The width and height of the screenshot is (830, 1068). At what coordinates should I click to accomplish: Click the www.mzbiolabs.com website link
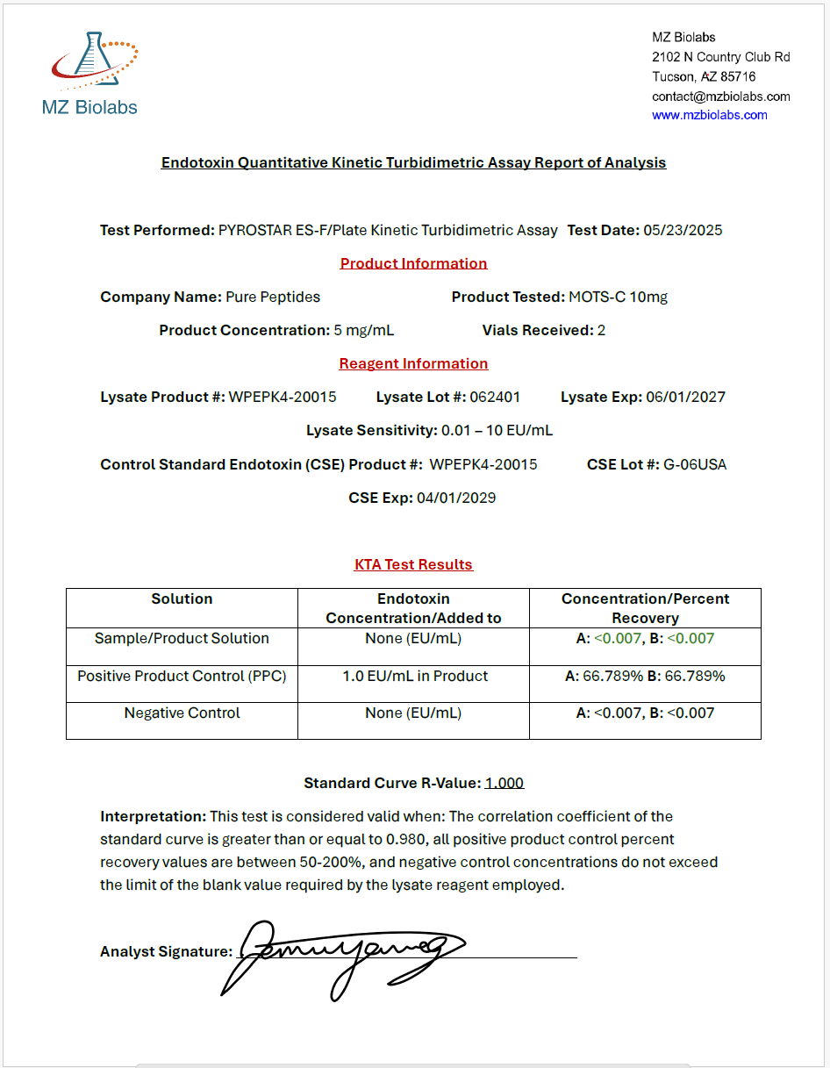(x=709, y=115)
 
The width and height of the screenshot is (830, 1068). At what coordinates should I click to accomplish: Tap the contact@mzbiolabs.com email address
(x=720, y=96)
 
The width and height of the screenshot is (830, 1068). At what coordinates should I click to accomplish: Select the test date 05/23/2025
(x=683, y=230)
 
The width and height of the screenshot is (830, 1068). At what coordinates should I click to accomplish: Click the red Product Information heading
(x=413, y=263)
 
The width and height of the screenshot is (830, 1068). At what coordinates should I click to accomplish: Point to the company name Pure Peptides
(x=273, y=297)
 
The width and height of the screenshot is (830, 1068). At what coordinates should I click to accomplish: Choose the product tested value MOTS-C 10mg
(x=618, y=297)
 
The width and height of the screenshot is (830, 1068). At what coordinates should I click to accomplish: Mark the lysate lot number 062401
(x=495, y=397)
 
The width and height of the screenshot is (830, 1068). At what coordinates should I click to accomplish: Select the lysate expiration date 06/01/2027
(x=685, y=397)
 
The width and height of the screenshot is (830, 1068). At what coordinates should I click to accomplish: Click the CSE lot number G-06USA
(x=695, y=464)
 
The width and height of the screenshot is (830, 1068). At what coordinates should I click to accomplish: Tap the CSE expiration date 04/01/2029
(x=455, y=498)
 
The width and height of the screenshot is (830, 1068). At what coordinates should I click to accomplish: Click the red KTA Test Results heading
(x=413, y=564)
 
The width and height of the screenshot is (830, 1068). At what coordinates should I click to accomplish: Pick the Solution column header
(x=182, y=599)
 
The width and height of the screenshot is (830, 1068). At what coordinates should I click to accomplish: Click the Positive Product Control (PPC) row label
(x=182, y=676)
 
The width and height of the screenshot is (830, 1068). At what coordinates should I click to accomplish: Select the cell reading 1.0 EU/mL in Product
(x=414, y=676)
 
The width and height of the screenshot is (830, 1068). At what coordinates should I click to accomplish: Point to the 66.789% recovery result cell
(x=645, y=676)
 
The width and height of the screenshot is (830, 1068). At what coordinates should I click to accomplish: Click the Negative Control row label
(x=182, y=713)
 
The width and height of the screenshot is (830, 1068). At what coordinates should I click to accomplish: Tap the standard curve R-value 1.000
(x=504, y=783)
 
